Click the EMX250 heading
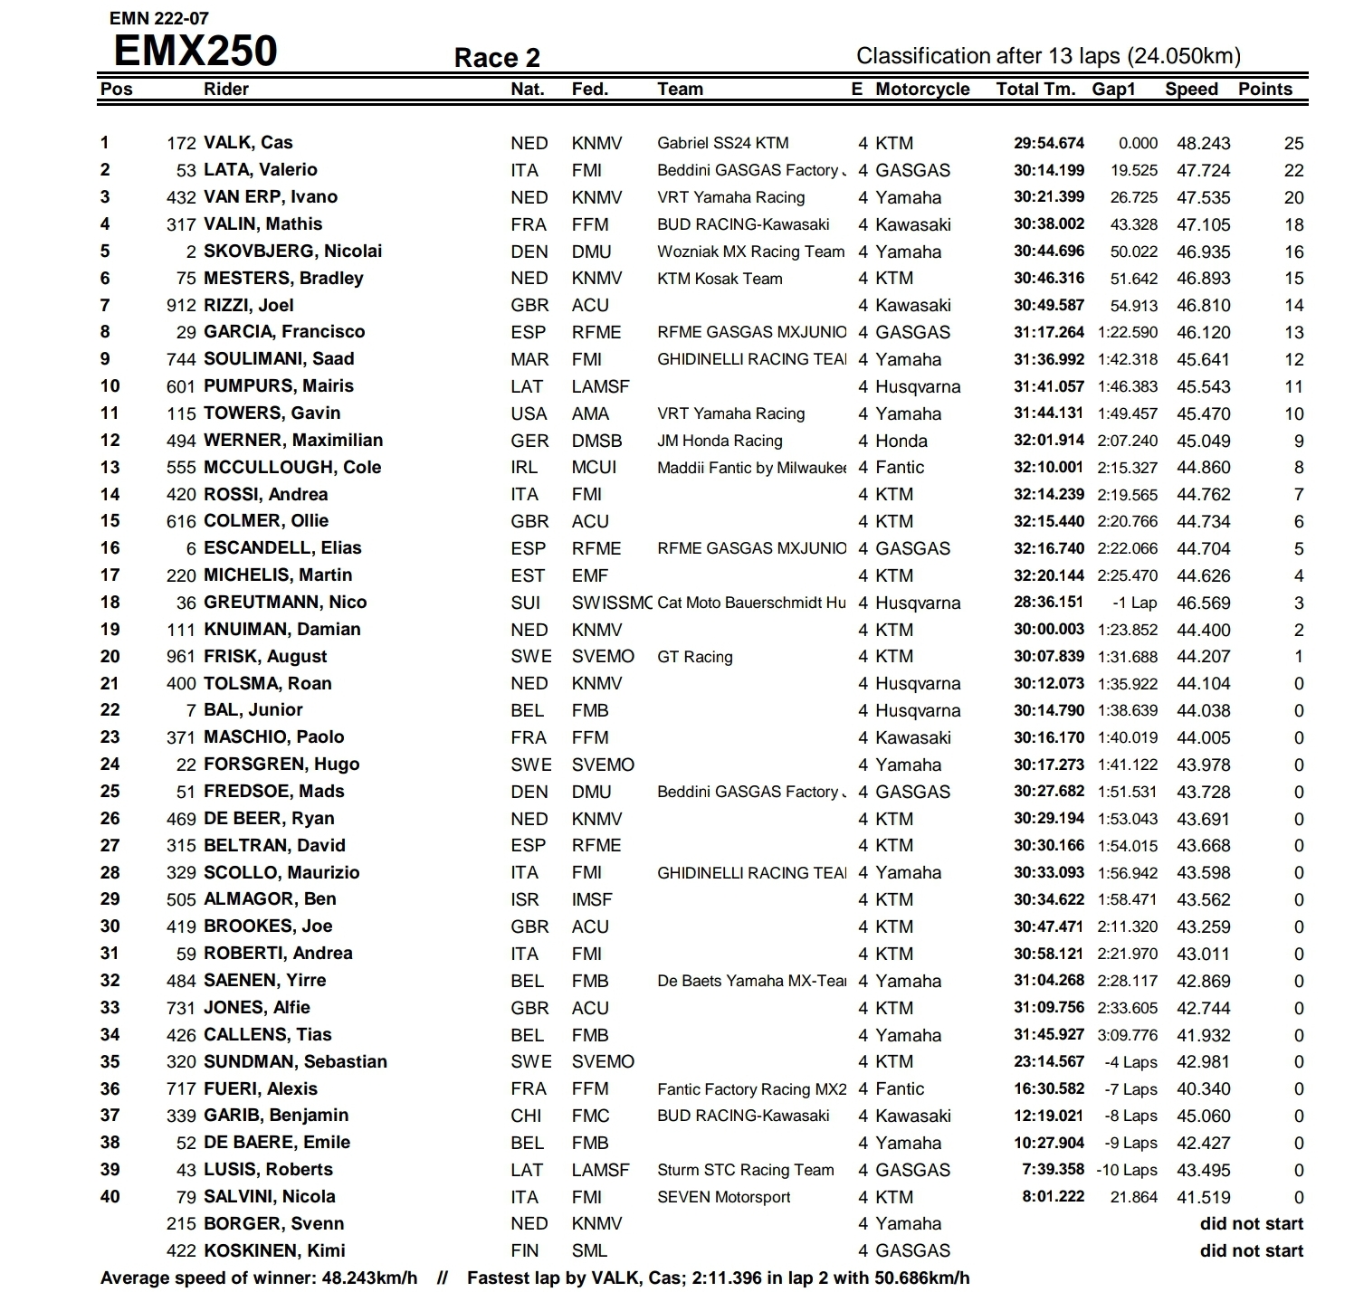pyautogui.click(x=195, y=51)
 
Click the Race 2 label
pyautogui.click(x=497, y=58)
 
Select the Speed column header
pyautogui.click(x=1191, y=89)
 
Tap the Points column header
pyautogui.click(x=1265, y=89)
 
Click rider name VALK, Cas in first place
pyautogui.click(x=248, y=143)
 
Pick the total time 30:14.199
pyautogui.click(x=1049, y=170)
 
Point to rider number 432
pyautogui.click(x=181, y=197)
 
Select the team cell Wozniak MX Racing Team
pyautogui.click(x=750, y=252)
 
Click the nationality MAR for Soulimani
pyautogui.click(x=529, y=359)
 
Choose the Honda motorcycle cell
pyautogui.click(x=901, y=441)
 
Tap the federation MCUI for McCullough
pyautogui.click(x=594, y=468)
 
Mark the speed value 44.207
pyautogui.click(x=1203, y=657)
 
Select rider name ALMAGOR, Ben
pyautogui.click(x=270, y=899)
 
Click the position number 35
pyautogui.click(x=110, y=1061)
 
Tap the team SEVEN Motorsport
pyautogui.click(x=724, y=1197)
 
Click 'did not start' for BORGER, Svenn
pyautogui.click(x=1251, y=1224)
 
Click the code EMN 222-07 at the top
pyautogui.click(x=159, y=18)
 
